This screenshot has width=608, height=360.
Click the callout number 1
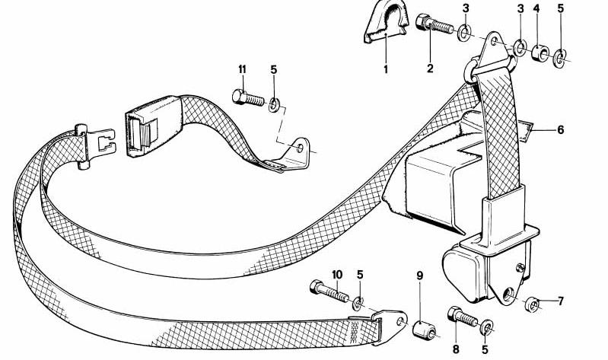386,70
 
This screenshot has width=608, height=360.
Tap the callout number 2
430,68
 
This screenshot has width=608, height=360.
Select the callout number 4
536,8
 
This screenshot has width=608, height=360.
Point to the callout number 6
560,129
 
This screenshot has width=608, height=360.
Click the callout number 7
560,301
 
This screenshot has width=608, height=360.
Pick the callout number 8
456,349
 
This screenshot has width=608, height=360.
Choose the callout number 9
419,276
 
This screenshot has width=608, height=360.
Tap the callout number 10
337,275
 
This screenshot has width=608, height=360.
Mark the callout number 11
242,70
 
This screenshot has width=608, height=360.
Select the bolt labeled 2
434,24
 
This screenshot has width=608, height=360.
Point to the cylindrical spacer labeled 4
540,53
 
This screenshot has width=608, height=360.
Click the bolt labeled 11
248,97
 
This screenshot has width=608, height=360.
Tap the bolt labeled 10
329,292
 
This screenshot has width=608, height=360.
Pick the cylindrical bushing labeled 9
423,330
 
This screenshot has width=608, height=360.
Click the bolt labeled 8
462,316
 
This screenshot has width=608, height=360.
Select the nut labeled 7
531,304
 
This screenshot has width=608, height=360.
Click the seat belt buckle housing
153,126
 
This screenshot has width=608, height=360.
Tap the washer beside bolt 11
275,105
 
